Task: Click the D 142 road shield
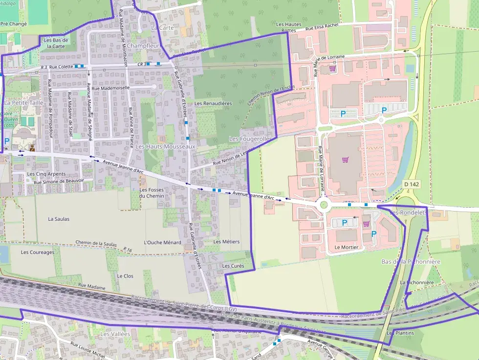(x=412, y=184)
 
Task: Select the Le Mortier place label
(x=346, y=247)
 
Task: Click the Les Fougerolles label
(x=250, y=139)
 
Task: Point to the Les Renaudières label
(x=213, y=104)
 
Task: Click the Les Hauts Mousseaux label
(x=165, y=147)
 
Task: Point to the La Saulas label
(x=59, y=219)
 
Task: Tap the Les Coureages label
(x=38, y=253)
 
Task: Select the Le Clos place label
(x=125, y=276)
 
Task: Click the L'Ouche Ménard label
(x=163, y=242)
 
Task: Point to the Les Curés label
(x=233, y=266)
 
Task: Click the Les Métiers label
(x=227, y=242)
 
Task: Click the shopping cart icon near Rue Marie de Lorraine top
(x=332, y=69)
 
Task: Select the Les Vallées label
(x=115, y=334)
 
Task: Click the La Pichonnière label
(x=417, y=282)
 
